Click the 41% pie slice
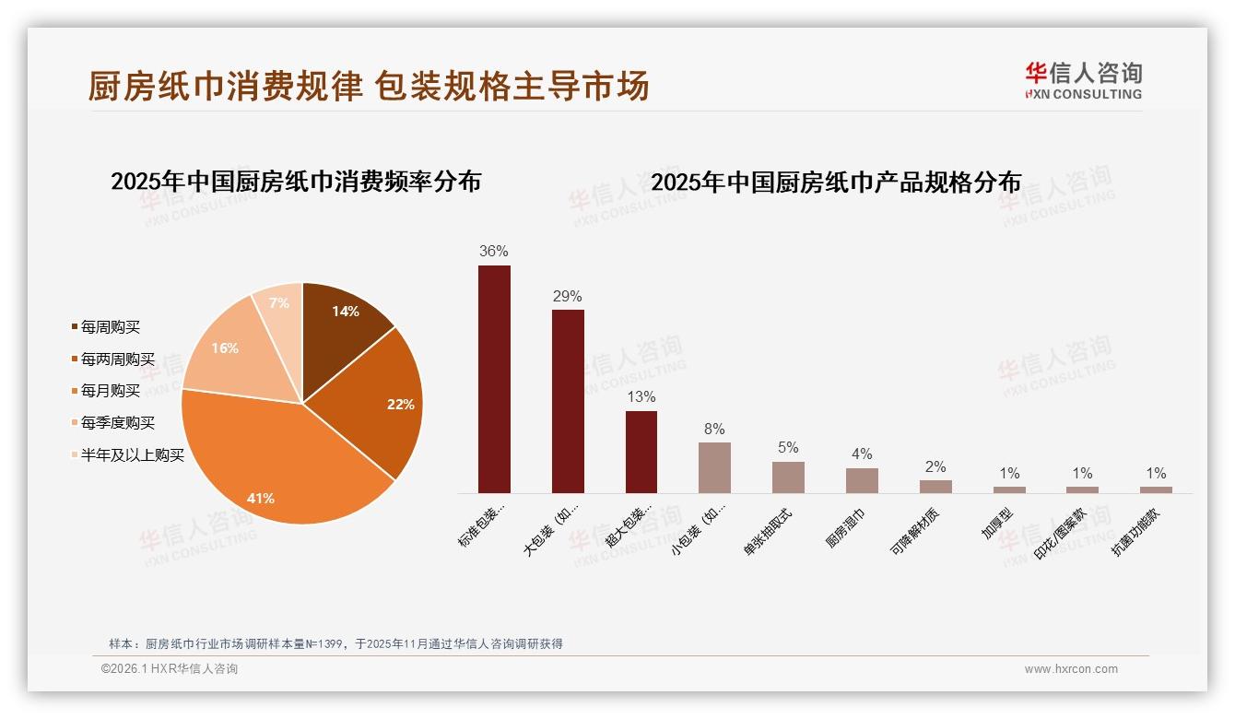point(276,461)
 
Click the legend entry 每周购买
point(110,327)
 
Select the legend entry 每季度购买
point(117,423)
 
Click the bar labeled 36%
point(494,379)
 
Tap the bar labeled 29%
point(568,401)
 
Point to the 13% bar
point(641,452)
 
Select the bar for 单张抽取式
point(788,477)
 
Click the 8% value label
point(714,429)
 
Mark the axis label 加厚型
point(998,523)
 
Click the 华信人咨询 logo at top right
point(1083,80)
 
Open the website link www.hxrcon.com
point(1071,669)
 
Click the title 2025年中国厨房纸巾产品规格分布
point(836,183)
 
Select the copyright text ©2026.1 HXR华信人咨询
point(170,669)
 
